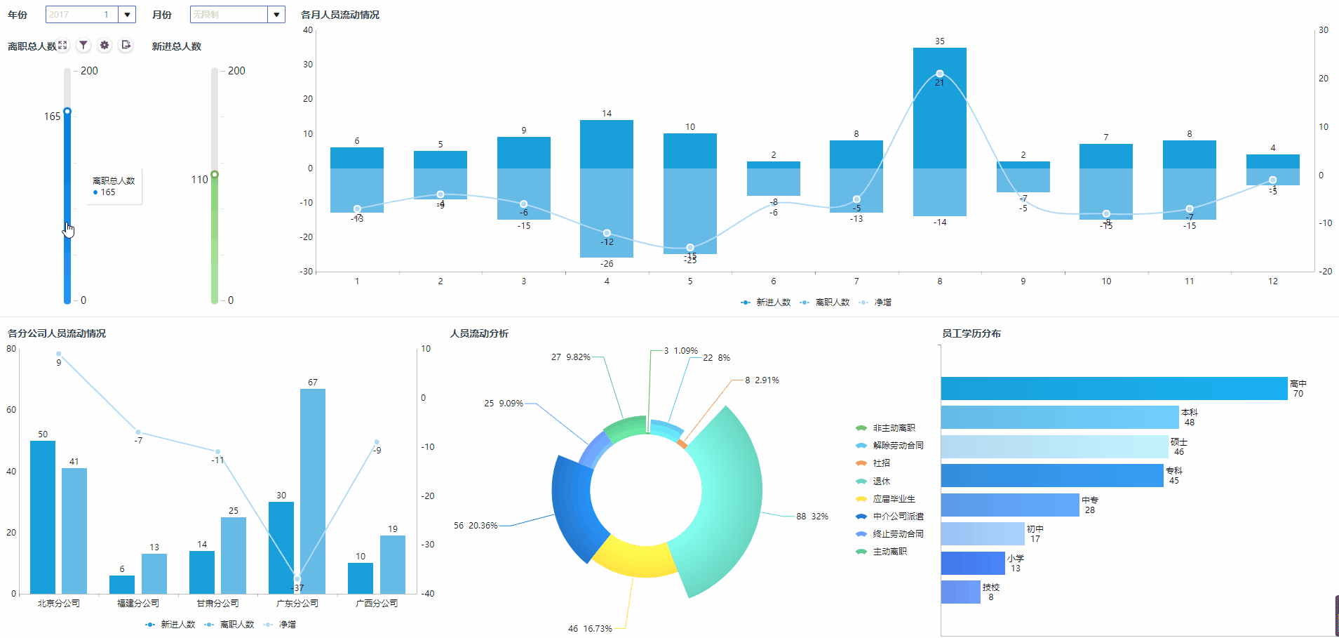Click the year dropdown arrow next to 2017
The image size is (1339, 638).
[127, 14]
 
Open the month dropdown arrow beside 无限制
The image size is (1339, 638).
[277, 14]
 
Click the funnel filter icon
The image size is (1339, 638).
[83, 45]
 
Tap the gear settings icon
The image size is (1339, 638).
[105, 45]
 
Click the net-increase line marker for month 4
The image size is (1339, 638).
[607, 233]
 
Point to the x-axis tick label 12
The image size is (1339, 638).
[1272, 281]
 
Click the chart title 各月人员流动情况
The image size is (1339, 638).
[340, 15]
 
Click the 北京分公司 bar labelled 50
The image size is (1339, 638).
[43, 516]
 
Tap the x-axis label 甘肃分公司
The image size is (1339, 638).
[217, 604]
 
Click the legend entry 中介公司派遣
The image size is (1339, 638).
[898, 517]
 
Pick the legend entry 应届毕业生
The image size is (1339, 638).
[894, 499]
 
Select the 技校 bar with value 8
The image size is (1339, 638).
[960, 592]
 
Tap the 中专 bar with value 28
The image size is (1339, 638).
[1009, 505]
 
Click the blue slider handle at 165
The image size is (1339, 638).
[67, 112]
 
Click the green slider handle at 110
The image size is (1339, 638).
[215, 174]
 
